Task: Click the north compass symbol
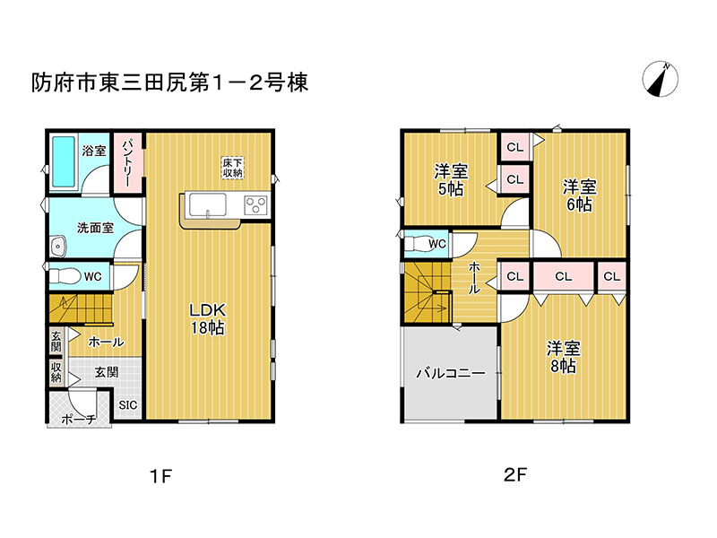tap(660, 79)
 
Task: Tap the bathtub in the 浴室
tap(63, 161)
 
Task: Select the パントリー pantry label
tap(126, 162)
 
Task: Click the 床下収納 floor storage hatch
tap(232, 168)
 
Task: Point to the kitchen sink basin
tap(208, 204)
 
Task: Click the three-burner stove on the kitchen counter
tap(255, 204)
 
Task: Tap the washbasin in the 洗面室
tap(58, 247)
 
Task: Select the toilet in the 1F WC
tap(64, 276)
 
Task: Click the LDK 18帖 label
tap(208, 319)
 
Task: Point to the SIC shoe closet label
tap(127, 405)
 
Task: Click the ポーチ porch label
tap(78, 419)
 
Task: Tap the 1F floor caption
tap(160, 477)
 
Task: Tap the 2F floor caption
tap(514, 475)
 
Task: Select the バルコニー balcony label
tap(451, 373)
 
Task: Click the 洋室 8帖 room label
tap(564, 357)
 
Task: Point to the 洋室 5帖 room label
tap(451, 180)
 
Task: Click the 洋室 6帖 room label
tap(579, 195)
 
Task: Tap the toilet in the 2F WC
tap(417, 243)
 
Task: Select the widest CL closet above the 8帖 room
tap(564, 276)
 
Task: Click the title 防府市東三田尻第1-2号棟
tap(169, 82)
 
